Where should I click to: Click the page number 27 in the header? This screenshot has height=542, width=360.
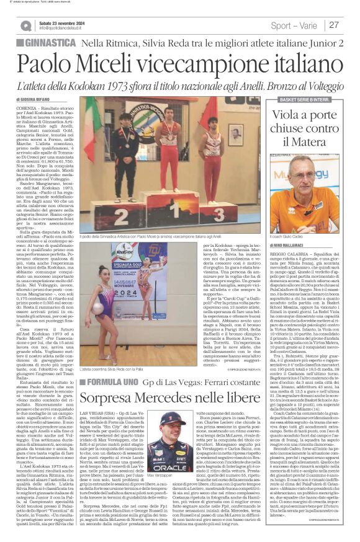pyautogui.click(x=333, y=25)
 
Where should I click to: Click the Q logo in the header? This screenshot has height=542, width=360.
pyautogui.click(x=26, y=25)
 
